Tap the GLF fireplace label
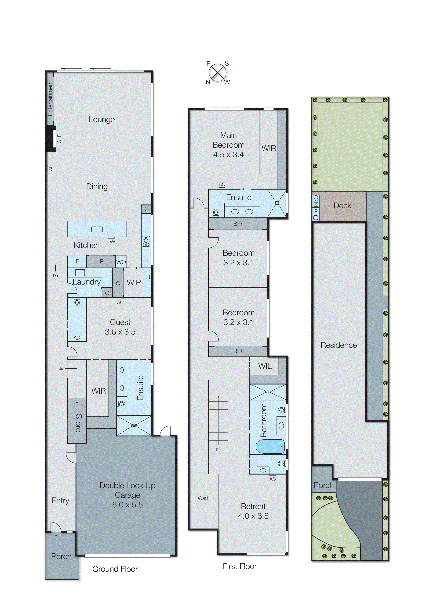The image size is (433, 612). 59,139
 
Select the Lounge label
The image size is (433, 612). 102,120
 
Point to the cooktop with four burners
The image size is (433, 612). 146,241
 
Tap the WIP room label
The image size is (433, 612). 134,283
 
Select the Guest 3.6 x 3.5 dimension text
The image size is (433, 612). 120,327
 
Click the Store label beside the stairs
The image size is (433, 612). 78,423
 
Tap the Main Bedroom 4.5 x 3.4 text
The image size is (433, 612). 228,145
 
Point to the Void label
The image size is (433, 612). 203,498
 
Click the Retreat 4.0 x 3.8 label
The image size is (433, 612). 253,511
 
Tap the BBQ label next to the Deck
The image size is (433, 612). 316,201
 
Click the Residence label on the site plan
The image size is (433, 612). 338,345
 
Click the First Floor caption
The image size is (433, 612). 240,566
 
